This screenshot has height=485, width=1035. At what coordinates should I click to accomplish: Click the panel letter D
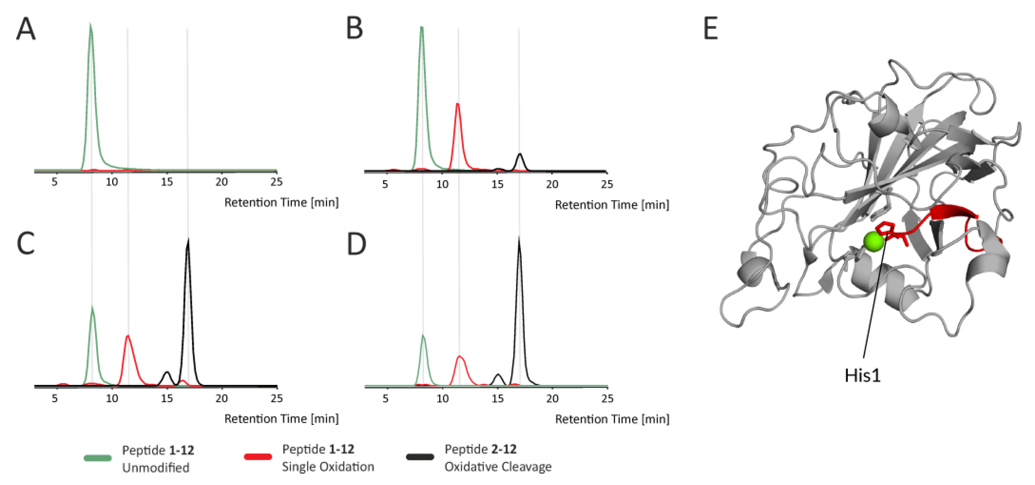(x=356, y=244)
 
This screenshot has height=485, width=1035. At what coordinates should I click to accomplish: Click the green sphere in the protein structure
(x=873, y=241)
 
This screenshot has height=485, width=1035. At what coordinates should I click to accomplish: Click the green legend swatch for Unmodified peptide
(x=98, y=458)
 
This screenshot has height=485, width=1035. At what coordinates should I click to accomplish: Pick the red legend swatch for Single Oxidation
(x=258, y=457)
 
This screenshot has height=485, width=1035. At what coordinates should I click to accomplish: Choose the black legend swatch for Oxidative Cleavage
(x=420, y=457)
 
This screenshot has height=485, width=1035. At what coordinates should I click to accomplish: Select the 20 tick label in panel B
(x=552, y=184)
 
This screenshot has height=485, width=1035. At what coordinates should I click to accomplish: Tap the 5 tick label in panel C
(x=55, y=399)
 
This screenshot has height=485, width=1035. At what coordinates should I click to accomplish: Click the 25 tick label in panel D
(x=607, y=399)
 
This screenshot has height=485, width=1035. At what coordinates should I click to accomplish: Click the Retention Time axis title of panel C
(x=281, y=419)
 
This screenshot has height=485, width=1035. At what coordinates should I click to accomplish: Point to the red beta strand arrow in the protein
(x=952, y=212)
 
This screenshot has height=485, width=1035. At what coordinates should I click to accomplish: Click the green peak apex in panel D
(x=423, y=335)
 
